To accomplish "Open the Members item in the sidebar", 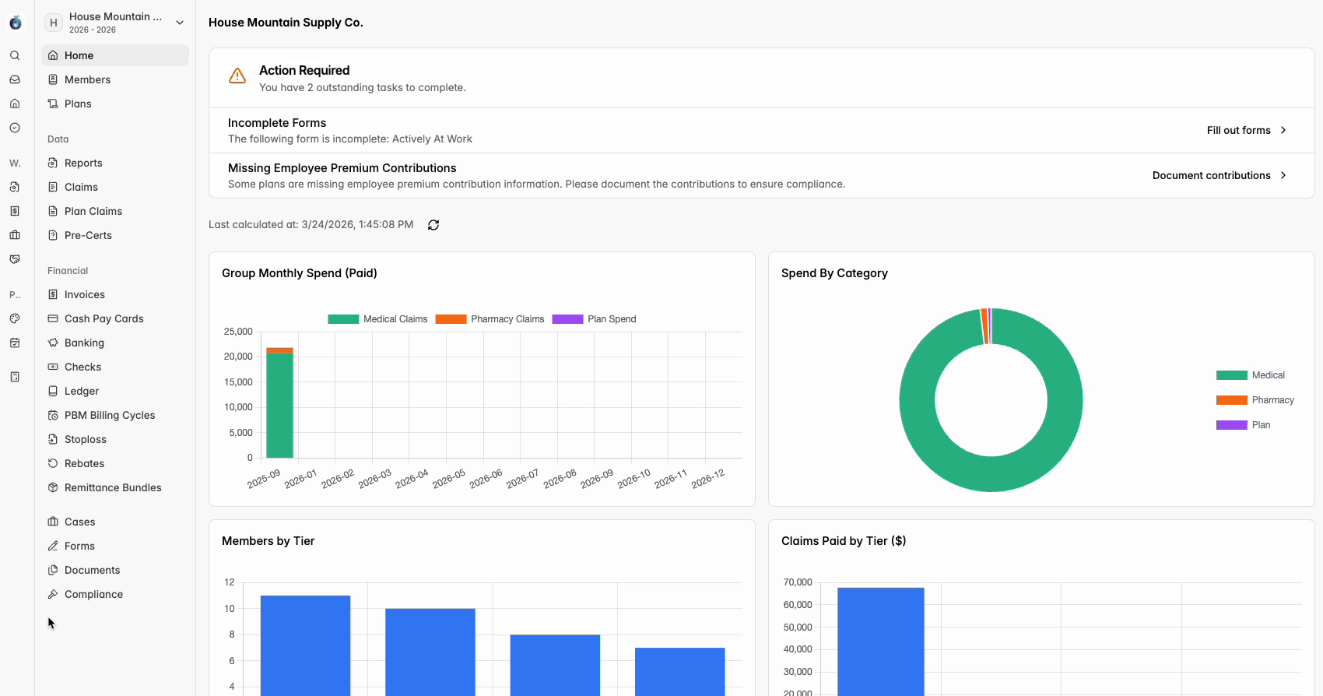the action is (x=87, y=79).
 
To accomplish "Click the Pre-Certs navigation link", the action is (x=87, y=235).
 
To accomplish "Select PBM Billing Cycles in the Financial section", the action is (x=109, y=415).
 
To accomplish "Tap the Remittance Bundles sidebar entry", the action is (x=112, y=487).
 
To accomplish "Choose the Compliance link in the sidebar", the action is (x=93, y=594).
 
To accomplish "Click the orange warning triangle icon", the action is (x=237, y=76).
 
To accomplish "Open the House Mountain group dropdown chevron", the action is (x=180, y=23).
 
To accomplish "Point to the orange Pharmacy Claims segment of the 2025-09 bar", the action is (x=279, y=350).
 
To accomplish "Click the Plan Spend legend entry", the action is (x=594, y=319).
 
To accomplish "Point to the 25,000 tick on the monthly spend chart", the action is (x=238, y=332).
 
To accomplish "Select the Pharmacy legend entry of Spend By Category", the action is (x=1255, y=400).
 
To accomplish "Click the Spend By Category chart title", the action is (x=834, y=273).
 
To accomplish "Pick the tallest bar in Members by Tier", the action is (x=305, y=645).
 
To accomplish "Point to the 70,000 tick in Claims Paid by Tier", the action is (x=798, y=582).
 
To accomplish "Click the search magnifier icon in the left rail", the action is (x=15, y=55).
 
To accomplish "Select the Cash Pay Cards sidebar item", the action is (x=104, y=318).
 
